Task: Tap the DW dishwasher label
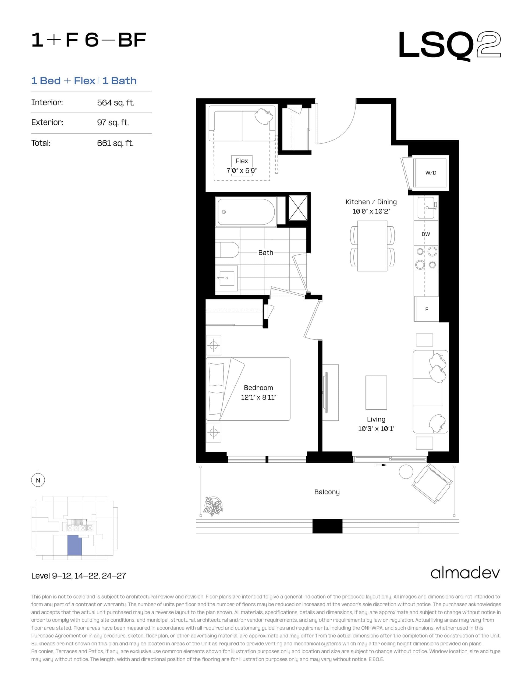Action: coord(425,234)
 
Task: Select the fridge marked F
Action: coord(426,309)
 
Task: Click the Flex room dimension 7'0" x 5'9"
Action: coord(242,171)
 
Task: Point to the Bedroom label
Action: coord(258,388)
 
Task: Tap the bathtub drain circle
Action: coord(224,212)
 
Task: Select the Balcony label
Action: coord(327,492)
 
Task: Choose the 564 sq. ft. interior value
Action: coord(115,103)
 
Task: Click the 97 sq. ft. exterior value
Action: coord(113,122)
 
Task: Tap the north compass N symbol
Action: coord(38,480)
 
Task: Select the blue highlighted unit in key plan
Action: coord(75,546)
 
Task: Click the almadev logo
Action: coord(465,573)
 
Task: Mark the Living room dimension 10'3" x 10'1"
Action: coord(376,428)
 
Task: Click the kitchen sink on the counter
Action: coord(426,208)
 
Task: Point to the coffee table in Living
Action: coord(376,392)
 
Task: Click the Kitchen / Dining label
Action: coord(371,202)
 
